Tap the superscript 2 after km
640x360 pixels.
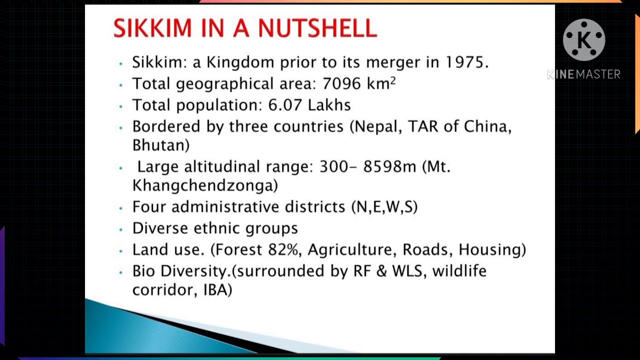(393, 80)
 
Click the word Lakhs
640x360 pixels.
(329, 105)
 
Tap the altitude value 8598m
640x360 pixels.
(389, 166)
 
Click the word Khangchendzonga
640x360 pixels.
(205, 185)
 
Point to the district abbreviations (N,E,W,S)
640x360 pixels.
(384, 207)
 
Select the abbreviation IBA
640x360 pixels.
(217, 290)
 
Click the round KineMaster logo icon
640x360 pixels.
(583, 40)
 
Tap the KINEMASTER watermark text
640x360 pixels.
(583, 74)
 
